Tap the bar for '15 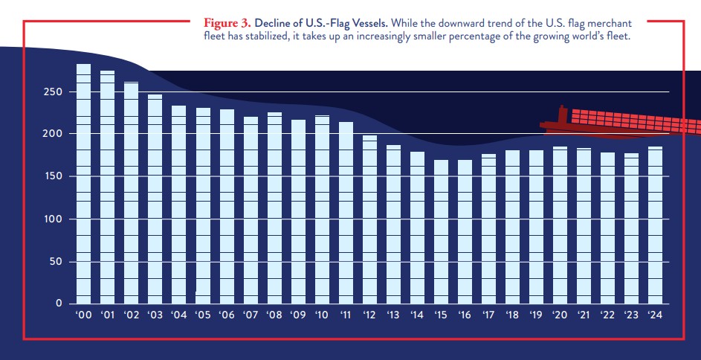click(441, 231)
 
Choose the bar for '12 click(369, 219)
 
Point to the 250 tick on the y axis click(51, 92)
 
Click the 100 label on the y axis click(51, 219)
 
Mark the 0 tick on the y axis click(59, 304)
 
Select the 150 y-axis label click(51, 176)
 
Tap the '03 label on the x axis click(154, 315)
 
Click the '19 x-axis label click(535, 315)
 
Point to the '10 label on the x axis click(321, 315)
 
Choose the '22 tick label click(607, 315)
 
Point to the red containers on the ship click(632, 121)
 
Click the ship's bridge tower click(561, 116)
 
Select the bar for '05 click(203, 206)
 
